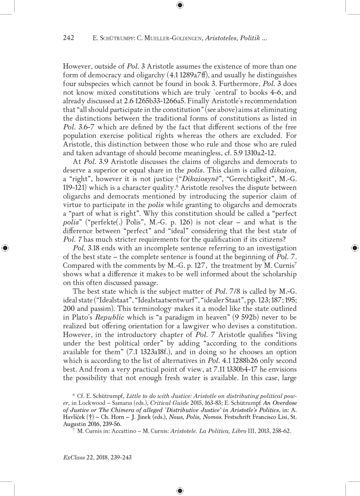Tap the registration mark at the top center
point(180,5)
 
